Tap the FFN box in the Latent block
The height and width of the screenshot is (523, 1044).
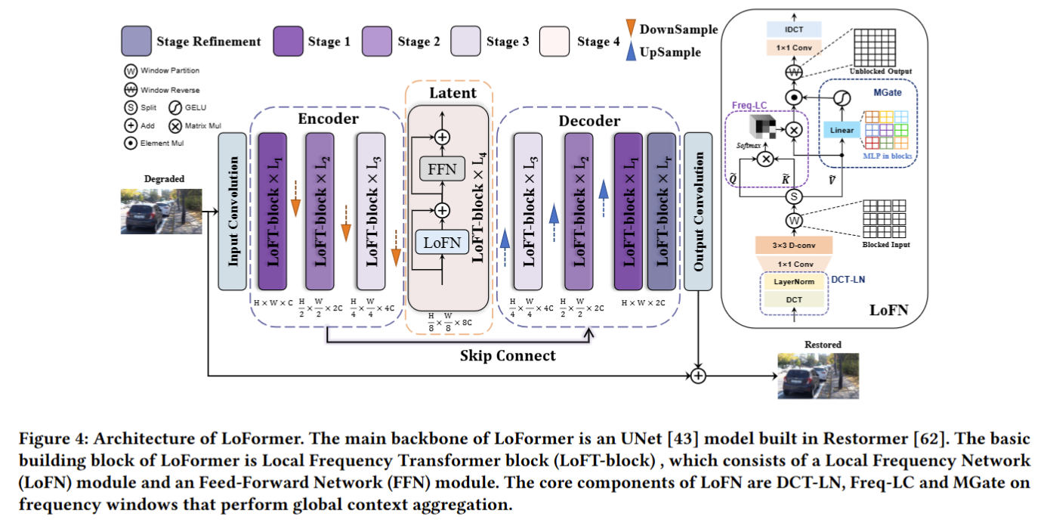(x=442, y=169)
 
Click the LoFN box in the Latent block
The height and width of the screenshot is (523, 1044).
(x=442, y=242)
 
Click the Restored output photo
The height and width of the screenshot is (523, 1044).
(x=823, y=375)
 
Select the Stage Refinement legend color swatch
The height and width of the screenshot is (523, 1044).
(x=135, y=41)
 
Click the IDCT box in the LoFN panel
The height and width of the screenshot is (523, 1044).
(x=794, y=30)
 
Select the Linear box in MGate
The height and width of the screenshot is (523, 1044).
(x=842, y=130)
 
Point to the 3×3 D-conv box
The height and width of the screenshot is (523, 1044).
(x=794, y=245)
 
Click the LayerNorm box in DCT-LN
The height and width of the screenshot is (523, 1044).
(x=794, y=281)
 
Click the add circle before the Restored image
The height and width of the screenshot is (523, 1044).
(x=698, y=375)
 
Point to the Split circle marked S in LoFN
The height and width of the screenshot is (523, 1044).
(x=794, y=197)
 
